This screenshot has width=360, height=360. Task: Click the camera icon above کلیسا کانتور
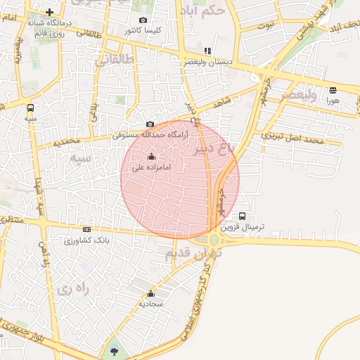[143, 20]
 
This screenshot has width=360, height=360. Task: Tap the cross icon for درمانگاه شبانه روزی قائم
[49, 12]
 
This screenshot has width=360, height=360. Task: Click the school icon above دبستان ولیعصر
[207, 51]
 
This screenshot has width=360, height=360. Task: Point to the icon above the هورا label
[333, 90]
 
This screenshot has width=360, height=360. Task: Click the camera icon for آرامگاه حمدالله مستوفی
[150, 124]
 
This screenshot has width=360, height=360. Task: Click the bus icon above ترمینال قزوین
[243, 216]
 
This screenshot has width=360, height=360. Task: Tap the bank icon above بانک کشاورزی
[86, 229]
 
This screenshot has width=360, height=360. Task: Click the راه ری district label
[75, 288]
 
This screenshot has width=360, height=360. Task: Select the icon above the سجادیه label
[150, 294]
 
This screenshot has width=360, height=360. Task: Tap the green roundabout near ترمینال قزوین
[214, 240]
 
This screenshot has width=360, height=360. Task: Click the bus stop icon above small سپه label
[30, 108]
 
